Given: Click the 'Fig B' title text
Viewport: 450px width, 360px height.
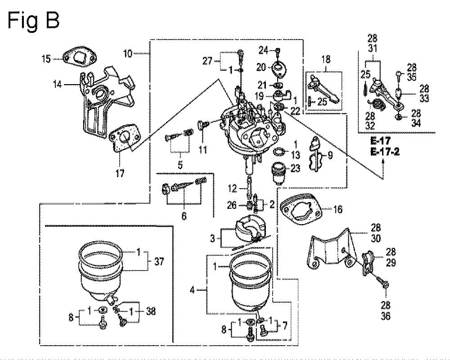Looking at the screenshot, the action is pos(34,20).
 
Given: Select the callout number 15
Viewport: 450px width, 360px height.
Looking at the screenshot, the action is pos(45,59).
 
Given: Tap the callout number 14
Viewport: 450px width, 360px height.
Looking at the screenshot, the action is pos(58,85).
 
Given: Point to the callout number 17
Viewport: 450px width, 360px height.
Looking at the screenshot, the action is pos(120,173).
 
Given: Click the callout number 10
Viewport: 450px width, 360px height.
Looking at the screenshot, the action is pos(128,54).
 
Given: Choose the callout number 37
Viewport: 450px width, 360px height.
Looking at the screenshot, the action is pos(160,261).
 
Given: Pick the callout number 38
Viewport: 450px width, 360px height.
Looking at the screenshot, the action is pos(150,311).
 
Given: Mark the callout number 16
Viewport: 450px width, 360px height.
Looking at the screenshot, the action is pos(337,209).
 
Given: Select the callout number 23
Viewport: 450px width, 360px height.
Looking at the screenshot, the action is pos(295,168).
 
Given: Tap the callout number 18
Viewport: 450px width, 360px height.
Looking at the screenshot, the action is pos(326,59).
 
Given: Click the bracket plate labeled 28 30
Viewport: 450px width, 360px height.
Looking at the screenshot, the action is pos(332,249).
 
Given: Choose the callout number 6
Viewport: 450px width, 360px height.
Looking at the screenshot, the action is pos(184,215).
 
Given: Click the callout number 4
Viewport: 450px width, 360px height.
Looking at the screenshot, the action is pos(192,290).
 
